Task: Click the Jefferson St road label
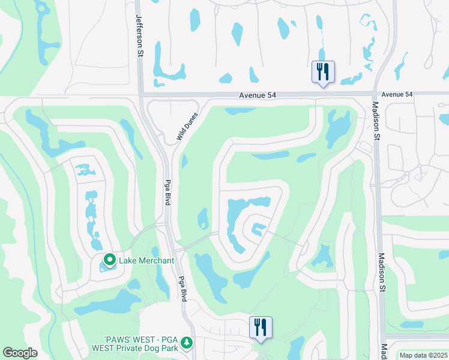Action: click(x=139, y=36)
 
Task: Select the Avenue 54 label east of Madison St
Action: click(x=397, y=95)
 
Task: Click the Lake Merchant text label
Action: click(x=146, y=260)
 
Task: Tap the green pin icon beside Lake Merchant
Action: click(x=109, y=260)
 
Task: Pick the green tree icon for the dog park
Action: click(x=187, y=342)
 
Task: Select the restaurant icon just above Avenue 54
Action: click(x=323, y=72)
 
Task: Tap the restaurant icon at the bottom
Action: click(x=261, y=327)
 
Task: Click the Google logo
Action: click(x=20, y=353)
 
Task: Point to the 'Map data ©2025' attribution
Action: click(x=423, y=355)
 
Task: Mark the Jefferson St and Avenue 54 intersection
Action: click(x=140, y=94)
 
